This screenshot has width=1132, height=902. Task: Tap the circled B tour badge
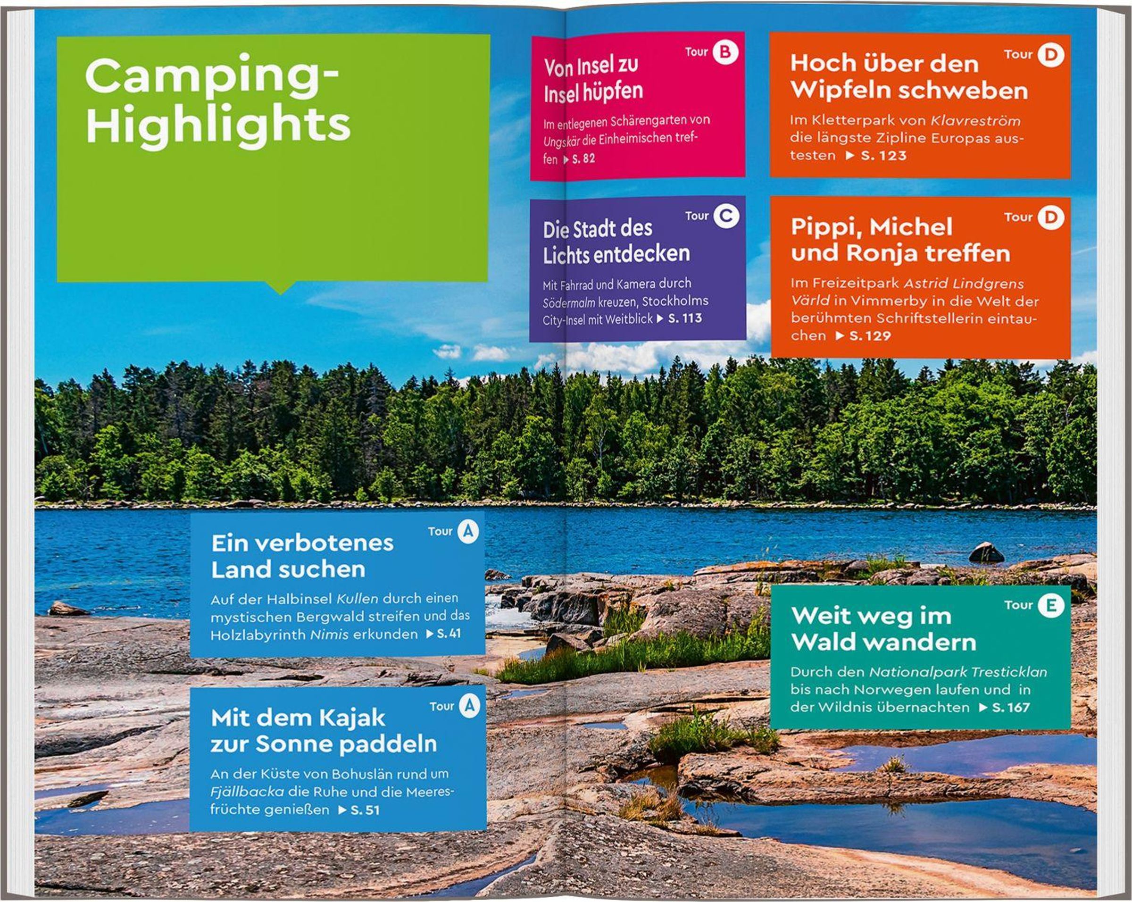725,52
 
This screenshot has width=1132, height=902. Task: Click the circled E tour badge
1051,605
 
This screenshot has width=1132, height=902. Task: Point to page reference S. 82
583,159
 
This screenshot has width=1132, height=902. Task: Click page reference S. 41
449,634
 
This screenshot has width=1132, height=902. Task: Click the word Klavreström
975,121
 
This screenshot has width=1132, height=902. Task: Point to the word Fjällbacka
247,792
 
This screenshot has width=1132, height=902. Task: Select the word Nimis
329,635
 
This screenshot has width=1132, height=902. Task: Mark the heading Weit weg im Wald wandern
883,629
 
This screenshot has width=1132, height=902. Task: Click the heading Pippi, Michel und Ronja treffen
900,240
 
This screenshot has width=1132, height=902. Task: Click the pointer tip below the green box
281,293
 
